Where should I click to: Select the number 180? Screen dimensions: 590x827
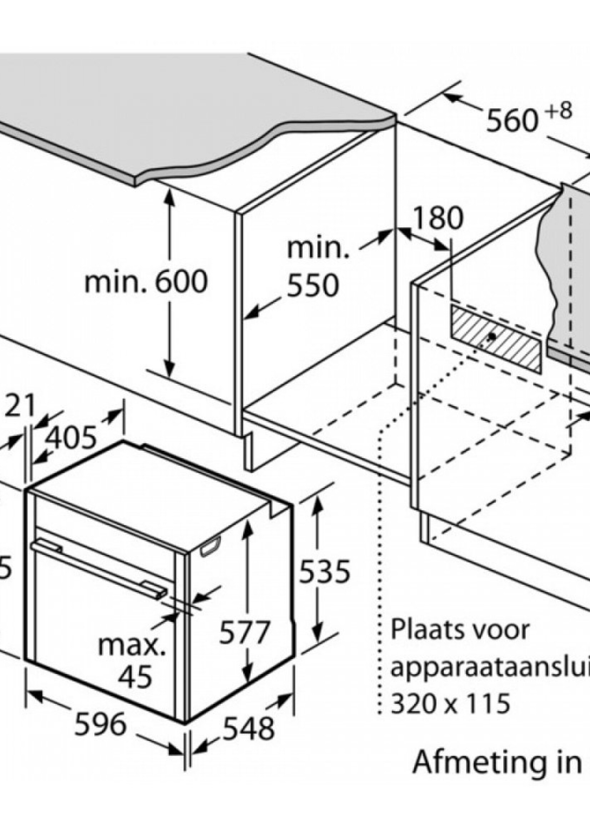click(439, 218)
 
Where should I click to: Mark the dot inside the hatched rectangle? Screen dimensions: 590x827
click(492, 336)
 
